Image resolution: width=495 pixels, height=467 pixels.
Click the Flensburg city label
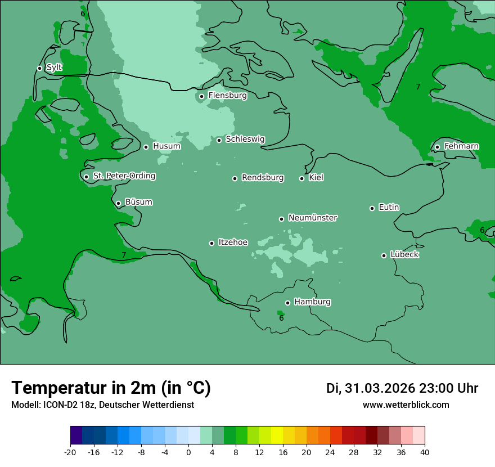[x=227, y=96]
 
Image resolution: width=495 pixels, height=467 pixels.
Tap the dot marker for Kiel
[x=302, y=178]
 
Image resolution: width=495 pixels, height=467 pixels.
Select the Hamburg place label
[x=312, y=302]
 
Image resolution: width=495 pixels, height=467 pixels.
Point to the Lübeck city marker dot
[x=384, y=255]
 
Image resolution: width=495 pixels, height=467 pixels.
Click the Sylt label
[x=54, y=68]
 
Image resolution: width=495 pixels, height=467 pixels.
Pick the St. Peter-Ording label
[x=124, y=176]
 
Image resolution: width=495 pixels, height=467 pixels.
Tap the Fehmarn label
[x=461, y=146]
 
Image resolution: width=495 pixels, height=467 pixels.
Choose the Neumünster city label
[x=313, y=218]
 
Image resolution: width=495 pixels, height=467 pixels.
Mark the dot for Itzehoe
[x=212, y=243]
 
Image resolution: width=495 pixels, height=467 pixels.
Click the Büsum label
[x=138, y=202]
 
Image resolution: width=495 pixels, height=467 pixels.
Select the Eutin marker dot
[x=372, y=208]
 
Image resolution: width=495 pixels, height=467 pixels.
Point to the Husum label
[x=166, y=146]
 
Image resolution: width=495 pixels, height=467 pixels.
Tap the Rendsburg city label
[x=263, y=178]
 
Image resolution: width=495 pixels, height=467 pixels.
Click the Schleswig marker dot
[x=219, y=140]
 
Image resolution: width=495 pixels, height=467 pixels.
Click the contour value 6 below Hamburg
[x=281, y=318]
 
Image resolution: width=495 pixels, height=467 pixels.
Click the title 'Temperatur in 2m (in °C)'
[x=111, y=388]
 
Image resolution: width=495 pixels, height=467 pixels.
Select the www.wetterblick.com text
[x=406, y=405]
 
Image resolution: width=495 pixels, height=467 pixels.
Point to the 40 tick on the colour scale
[x=425, y=452]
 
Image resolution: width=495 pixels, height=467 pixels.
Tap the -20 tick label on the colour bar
[x=70, y=452]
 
